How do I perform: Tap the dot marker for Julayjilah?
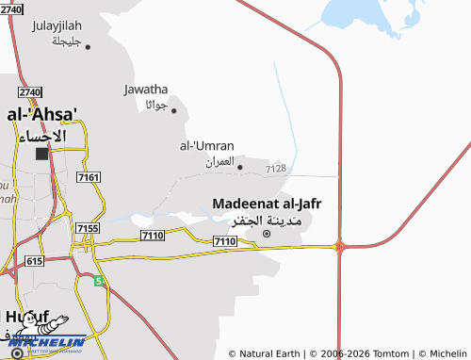tap(88, 45)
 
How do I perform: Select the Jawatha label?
tap(145, 90)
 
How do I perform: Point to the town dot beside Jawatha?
tap(173, 110)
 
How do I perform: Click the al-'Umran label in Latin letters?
tap(207, 145)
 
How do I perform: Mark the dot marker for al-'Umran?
tap(239, 168)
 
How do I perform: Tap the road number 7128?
tap(276, 169)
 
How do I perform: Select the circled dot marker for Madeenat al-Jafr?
tap(267, 233)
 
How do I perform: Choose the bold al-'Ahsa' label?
tap(42, 114)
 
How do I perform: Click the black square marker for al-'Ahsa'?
tap(41, 153)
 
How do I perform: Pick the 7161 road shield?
tap(89, 177)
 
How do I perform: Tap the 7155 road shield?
tap(88, 228)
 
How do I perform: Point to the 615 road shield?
tap(35, 260)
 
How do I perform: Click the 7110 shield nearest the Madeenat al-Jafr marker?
tap(224, 242)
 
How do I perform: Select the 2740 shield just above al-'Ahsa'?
tap(29, 91)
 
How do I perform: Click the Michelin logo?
tap(46, 339)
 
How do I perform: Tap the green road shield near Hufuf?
tap(98, 281)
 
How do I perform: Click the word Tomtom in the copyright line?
tap(391, 353)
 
